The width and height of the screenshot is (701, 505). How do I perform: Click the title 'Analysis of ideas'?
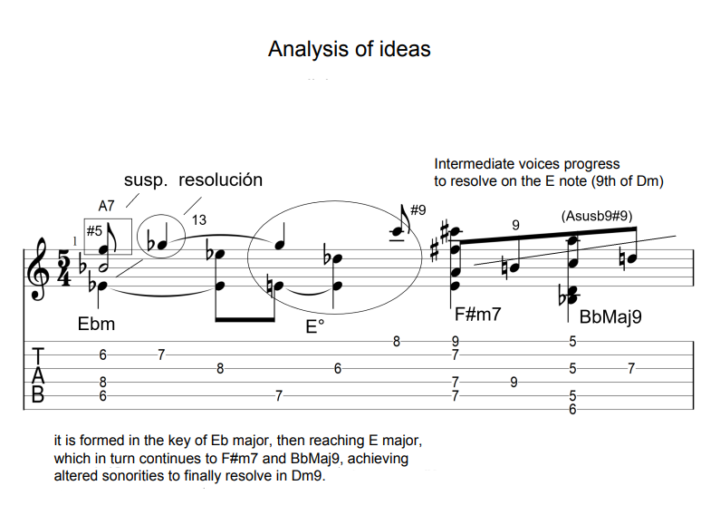pos(349,49)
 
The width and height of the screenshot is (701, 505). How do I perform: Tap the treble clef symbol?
pos(41,269)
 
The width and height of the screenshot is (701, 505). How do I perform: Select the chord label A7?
pos(106,207)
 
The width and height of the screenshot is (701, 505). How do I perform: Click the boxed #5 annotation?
pos(94,231)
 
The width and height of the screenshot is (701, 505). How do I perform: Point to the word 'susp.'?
pos(146,180)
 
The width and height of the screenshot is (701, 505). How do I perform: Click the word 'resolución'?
pos(220,180)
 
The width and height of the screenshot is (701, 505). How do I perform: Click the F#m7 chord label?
pos(479,316)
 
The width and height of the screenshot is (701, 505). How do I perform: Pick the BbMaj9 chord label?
pos(610,317)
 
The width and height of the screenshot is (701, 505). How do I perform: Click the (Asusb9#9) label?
pos(597,216)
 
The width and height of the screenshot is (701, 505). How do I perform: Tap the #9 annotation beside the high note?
pos(418,210)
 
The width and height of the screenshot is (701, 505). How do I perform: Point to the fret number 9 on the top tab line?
pos(455,342)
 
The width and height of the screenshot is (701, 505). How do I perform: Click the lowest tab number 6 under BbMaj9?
pos(573,410)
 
